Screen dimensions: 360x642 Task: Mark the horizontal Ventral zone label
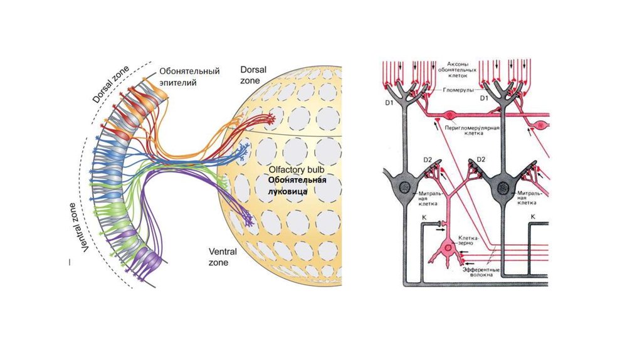(223, 257)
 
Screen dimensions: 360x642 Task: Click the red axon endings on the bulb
(266, 119)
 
